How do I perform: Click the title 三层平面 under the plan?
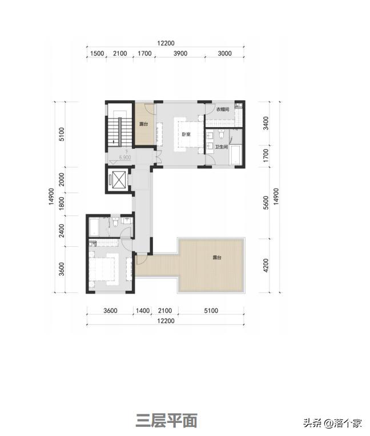click(167, 421)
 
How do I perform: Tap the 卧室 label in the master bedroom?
click(186, 135)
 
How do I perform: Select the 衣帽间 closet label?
click(223, 109)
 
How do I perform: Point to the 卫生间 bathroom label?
click(222, 146)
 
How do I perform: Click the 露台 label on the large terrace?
click(217, 258)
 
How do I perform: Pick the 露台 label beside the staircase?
click(143, 124)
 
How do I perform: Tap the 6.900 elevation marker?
click(125, 157)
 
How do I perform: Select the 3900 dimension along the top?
click(180, 54)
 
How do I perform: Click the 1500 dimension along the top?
click(97, 54)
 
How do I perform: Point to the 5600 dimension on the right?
click(266, 203)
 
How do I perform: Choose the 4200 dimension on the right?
click(266, 265)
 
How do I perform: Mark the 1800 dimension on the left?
click(62, 203)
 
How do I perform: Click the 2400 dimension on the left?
click(62, 231)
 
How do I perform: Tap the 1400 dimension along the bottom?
click(143, 311)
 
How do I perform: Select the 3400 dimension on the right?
click(266, 123)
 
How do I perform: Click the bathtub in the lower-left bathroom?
click(94, 227)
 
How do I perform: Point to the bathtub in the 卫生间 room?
click(236, 154)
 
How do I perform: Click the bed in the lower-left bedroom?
click(104, 269)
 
